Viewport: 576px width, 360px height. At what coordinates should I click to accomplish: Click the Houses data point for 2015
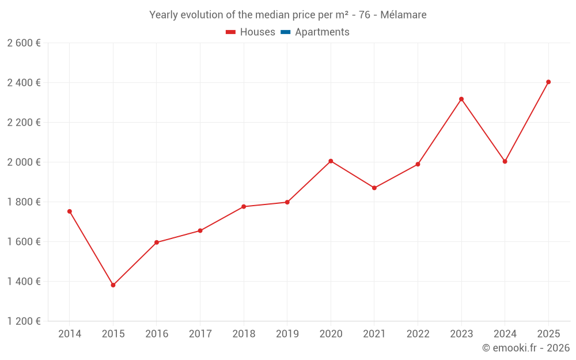tap(113, 285)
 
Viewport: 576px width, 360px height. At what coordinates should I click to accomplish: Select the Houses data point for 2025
tap(548, 82)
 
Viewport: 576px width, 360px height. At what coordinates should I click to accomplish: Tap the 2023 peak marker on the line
tap(461, 99)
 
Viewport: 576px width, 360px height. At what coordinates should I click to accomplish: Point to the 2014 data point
tap(70, 211)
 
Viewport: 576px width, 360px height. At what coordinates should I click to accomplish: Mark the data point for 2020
tap(331, 161)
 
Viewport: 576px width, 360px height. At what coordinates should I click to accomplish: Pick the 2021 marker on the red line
tap(374, 188)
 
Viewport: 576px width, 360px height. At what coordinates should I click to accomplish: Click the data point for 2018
tap(244, 207)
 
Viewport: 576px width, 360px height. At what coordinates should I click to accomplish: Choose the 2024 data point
tap(505, 161)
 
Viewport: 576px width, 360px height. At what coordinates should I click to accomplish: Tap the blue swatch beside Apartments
tap(285, 32)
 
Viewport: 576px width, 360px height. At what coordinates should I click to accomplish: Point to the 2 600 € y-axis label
tap(24, 43)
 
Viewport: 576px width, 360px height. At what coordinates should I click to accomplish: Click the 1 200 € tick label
tap(24, 321)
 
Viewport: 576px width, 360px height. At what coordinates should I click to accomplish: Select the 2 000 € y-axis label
tap(24, 162)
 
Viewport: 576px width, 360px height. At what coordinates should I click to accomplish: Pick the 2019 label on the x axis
tap(287, 334)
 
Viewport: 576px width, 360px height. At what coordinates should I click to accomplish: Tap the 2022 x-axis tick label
tap(418, 334)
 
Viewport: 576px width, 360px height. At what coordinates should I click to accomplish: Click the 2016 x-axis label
tap(157, 334)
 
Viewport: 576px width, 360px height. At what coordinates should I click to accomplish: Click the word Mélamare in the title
tap(403, 15)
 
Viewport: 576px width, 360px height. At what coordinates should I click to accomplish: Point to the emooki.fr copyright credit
tap(525, 348)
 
